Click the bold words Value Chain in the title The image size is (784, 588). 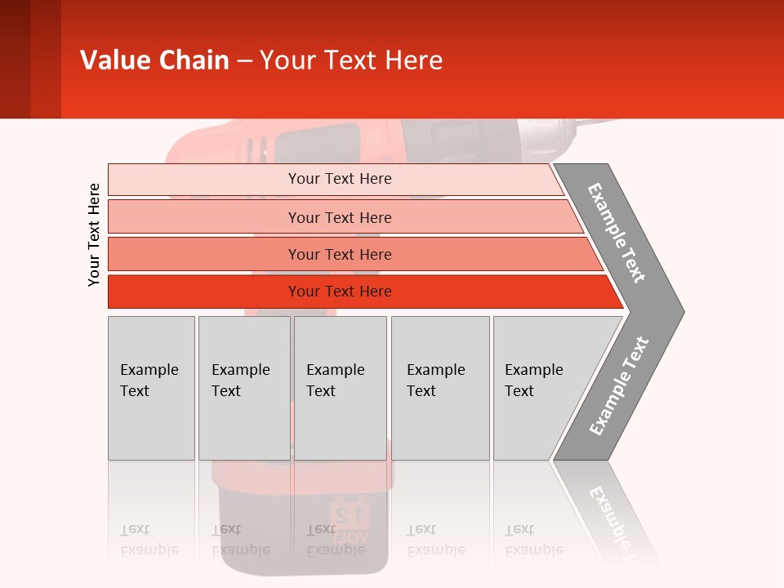(154, 60)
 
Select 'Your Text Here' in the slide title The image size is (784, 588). (351, 60)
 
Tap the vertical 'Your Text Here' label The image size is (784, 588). (94, 234)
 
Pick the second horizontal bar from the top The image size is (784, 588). (340, 217)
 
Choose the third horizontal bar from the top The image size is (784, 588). (340, 254)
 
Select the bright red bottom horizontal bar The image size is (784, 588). (340, 292)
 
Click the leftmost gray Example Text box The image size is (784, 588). (151, 388)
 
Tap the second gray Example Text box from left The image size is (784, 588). (243, 388)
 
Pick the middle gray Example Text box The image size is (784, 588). (340, 388)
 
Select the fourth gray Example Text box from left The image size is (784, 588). (439, 388)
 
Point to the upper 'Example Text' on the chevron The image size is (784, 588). (617, 233)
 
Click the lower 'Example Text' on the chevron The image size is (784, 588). (619, 386)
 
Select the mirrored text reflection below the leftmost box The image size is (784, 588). (149, 539)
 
